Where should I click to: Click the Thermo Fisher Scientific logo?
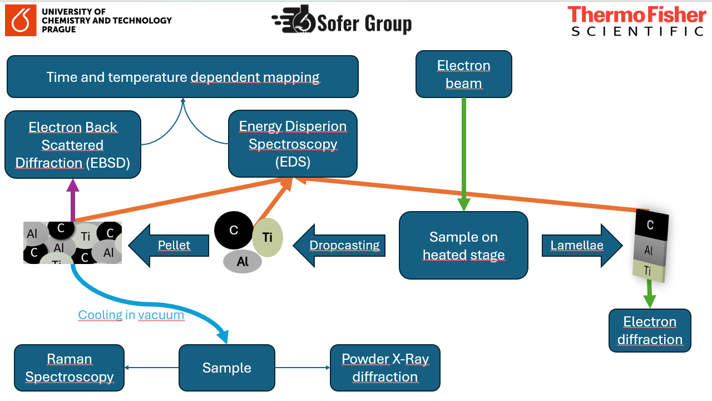click(636, 21)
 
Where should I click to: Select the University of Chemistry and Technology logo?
click(89, 21)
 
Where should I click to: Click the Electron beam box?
click(463, 74)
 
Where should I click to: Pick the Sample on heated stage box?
click(463, 246)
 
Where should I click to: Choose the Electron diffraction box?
click(650, 330)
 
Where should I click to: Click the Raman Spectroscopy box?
click(69, 368)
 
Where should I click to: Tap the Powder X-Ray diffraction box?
click(385, 368)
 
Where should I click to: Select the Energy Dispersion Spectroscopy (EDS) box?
click(293, 144)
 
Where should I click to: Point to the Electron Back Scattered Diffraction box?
click(72, 145)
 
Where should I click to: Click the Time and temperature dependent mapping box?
click(182, 77)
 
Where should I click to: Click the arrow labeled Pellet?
click(169, 245)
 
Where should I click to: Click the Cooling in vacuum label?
click(131, 315)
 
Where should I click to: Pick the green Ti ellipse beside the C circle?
click(268, 237)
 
